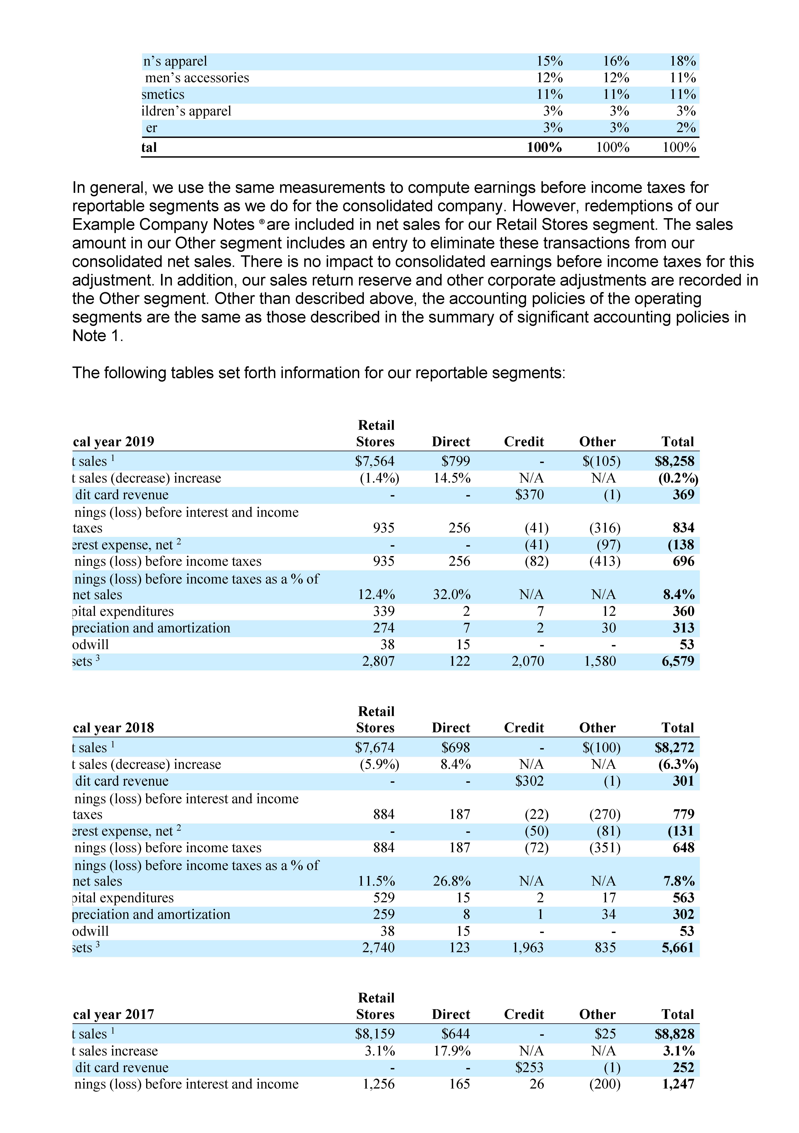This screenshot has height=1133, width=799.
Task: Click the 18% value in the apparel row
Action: click(x=683, y=61)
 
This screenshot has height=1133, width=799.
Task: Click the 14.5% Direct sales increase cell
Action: click(x=452, y=478)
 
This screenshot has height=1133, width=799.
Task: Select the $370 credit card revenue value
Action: click(x=529, y=495)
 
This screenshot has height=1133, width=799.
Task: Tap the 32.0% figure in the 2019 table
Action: click(x=452, y=595)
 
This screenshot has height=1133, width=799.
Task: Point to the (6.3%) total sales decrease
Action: click(x=678, y=764)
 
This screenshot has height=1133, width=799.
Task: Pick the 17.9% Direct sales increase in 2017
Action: click(x=452, y=1051)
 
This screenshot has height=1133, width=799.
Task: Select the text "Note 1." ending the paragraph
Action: click(x=98, y=336)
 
